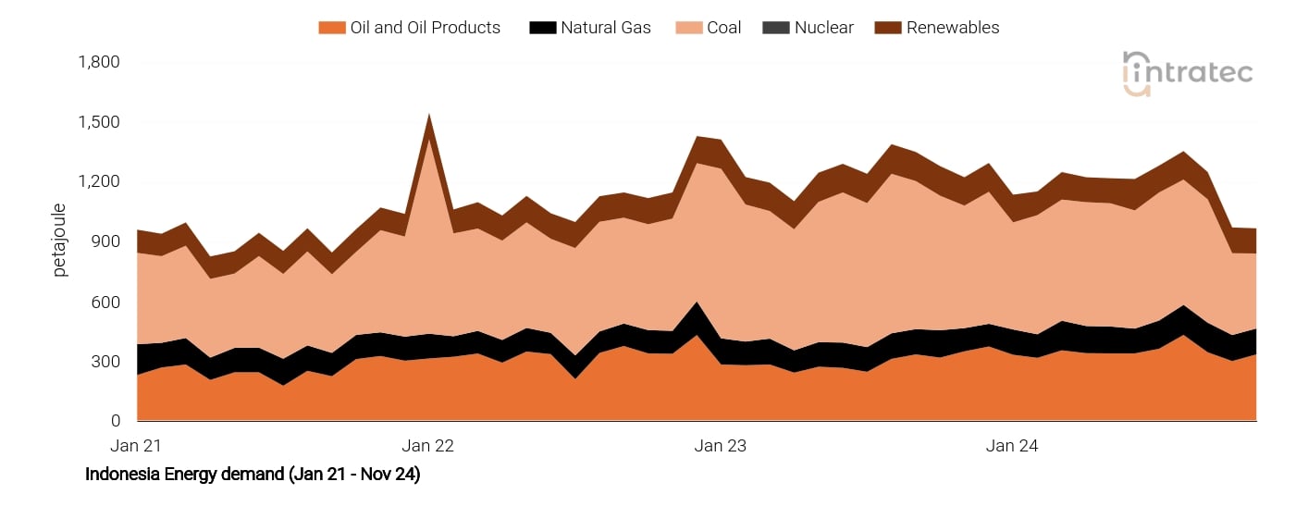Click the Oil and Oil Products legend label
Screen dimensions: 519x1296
425,28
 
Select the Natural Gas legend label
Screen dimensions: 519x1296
605,28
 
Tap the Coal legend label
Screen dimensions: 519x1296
723,28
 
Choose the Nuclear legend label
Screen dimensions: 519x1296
823,28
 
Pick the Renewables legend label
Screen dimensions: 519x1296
953,28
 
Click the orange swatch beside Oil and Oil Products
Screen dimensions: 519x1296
331,28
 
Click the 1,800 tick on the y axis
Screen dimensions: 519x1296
100,63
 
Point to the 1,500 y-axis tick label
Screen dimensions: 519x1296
100,123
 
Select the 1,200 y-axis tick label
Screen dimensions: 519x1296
100,182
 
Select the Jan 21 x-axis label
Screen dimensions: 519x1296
137,446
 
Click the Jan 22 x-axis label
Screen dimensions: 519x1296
429,446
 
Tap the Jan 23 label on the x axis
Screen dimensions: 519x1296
721,446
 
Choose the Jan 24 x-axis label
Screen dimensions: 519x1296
1012,446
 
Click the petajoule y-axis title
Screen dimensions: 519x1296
60,240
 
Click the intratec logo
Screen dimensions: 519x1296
1187,73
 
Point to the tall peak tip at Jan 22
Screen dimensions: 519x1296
429,116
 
